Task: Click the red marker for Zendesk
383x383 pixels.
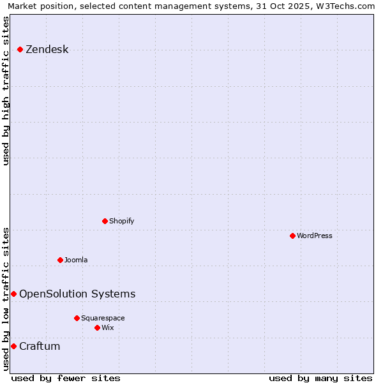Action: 20,49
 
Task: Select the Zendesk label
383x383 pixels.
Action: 47,50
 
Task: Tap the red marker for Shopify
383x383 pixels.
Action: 105,221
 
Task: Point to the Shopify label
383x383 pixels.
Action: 121,221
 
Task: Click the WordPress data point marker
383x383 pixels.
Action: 292,236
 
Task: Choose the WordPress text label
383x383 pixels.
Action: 314,236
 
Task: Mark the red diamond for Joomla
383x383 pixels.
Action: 60,260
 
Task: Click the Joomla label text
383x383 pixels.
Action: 76,260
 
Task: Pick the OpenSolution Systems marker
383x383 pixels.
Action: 13,294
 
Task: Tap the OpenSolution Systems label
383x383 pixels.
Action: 77,294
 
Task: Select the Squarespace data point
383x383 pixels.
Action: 77,318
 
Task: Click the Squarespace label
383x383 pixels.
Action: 103,318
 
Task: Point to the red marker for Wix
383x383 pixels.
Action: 97,327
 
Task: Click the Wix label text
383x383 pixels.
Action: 107,327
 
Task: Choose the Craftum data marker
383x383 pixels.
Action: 13,346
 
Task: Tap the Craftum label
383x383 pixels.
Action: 40,346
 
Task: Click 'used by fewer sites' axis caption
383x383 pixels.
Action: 66,378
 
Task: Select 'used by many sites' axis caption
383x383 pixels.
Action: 320,378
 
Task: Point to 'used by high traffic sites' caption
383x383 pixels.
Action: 6,91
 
